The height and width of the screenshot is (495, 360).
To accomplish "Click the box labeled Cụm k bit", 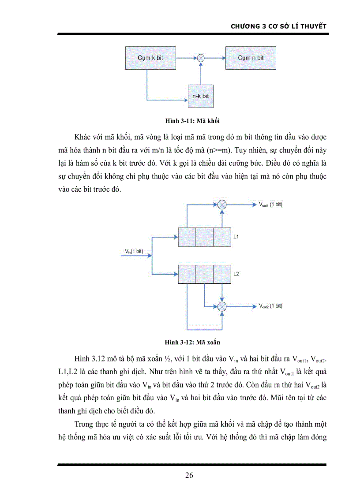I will pyautogui.click(x=150, y=58).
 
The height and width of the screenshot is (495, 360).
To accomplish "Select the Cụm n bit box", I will pyautogui.click(x=251, y=58).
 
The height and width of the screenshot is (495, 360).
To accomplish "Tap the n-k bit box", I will pyautogui.click(x=200, y=96).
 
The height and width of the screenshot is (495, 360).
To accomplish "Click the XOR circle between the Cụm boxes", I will pyautogui.click(x=201, y=57).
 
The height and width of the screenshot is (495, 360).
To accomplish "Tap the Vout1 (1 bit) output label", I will pyautogui.click(x=270, y=205).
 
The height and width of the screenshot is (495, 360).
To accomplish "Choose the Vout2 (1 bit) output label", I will pyautogui.click(x=270, y=306).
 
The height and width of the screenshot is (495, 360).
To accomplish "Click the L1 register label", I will pyautogui.click(x=236, y=237).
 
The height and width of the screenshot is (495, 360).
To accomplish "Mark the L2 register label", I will pyautogui.click(x=236, y=274).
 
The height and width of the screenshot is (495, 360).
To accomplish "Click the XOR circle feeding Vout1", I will pyautogui.click(x=222, y=205).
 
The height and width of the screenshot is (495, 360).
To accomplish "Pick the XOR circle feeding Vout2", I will pyautogui.click(x=222, y=306).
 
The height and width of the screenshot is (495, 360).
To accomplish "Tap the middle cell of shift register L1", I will pyautogui.click(x=204, y=237).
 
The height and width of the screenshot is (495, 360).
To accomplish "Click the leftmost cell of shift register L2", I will pyautogui.click(x=187, y=274).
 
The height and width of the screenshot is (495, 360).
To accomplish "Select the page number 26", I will pyautogui.click(x=189, y=475).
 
